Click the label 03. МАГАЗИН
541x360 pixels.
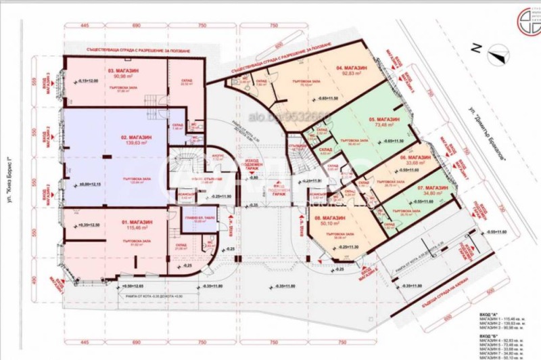point(120,70)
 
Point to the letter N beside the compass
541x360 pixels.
point(476,48)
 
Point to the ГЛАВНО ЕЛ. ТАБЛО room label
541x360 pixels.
point(195,218)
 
